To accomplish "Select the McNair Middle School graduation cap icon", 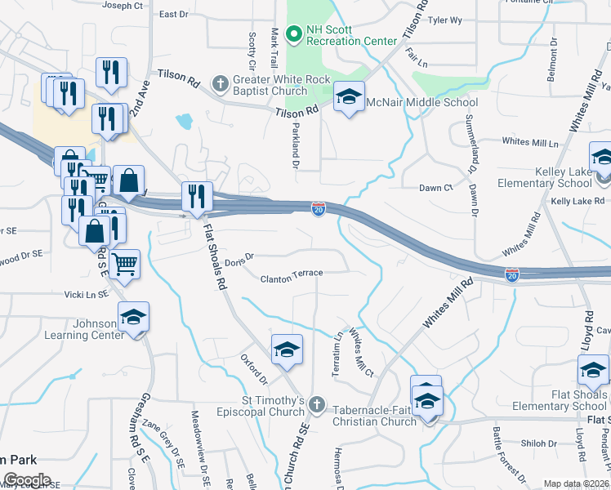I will tap(349, 99).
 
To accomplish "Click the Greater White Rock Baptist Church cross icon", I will tap(219, 82).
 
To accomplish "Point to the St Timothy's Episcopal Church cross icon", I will tap(318, 404).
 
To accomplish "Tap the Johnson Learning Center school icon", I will tap(133, 317).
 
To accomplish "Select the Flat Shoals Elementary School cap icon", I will tap(593, 372).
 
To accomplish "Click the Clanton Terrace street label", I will tap(292, 278).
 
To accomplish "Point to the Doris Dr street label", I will tap(239, 260).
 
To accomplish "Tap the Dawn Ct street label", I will tap(435, 188).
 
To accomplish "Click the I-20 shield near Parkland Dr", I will tap(319, 210).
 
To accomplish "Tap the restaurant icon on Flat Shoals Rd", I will tap(197, 196).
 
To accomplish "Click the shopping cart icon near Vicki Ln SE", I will tap(124, 263).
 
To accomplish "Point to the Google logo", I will tap(26, 480).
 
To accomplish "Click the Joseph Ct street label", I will tap(123, 6).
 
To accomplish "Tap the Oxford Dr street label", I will tap(254, 369).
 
